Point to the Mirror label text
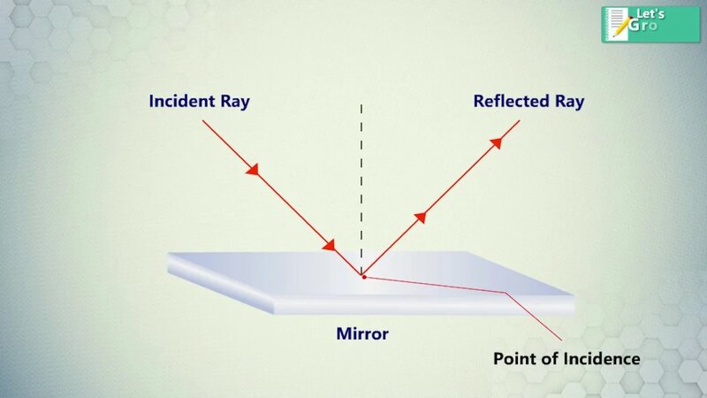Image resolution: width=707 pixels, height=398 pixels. [362, 334]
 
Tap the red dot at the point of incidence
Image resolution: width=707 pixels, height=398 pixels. [363, 277]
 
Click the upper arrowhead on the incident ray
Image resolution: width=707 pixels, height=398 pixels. [254, 169]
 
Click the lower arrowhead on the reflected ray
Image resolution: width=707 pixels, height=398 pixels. [419, 217]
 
